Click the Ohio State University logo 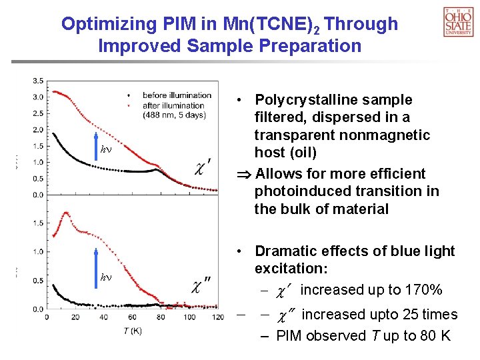point(458,21)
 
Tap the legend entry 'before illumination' point(177,95)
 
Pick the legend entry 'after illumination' point(173,105)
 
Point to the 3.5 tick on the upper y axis point(39,81)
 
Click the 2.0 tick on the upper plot point(39,129)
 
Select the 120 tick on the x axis point(213,317)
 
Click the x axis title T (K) point(132,331)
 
